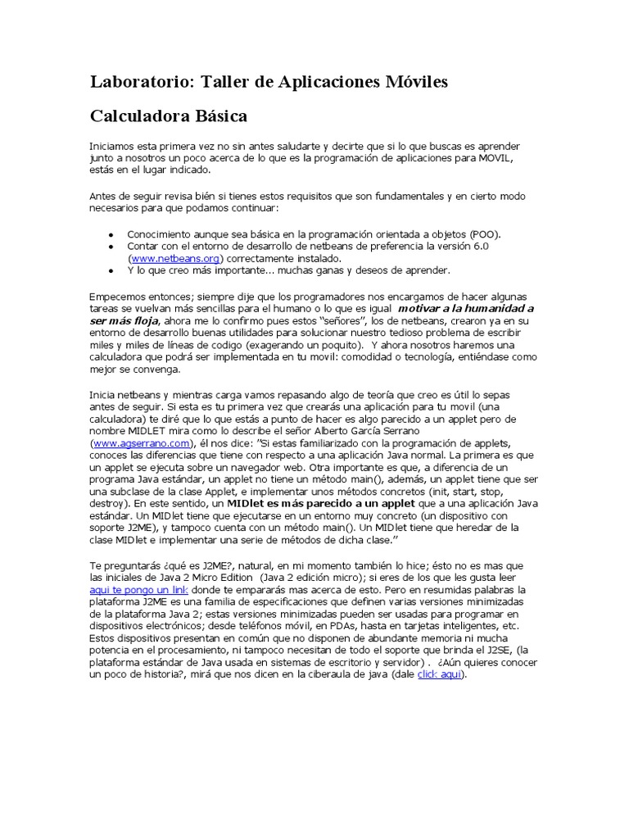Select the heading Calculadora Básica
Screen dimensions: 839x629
click(x=168, y=116)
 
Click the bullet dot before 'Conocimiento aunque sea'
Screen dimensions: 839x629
click(x=111, y=234)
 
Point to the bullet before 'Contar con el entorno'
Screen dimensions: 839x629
click(x=111, y=246)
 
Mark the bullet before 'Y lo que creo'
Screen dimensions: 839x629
click(x=111, y=270)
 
